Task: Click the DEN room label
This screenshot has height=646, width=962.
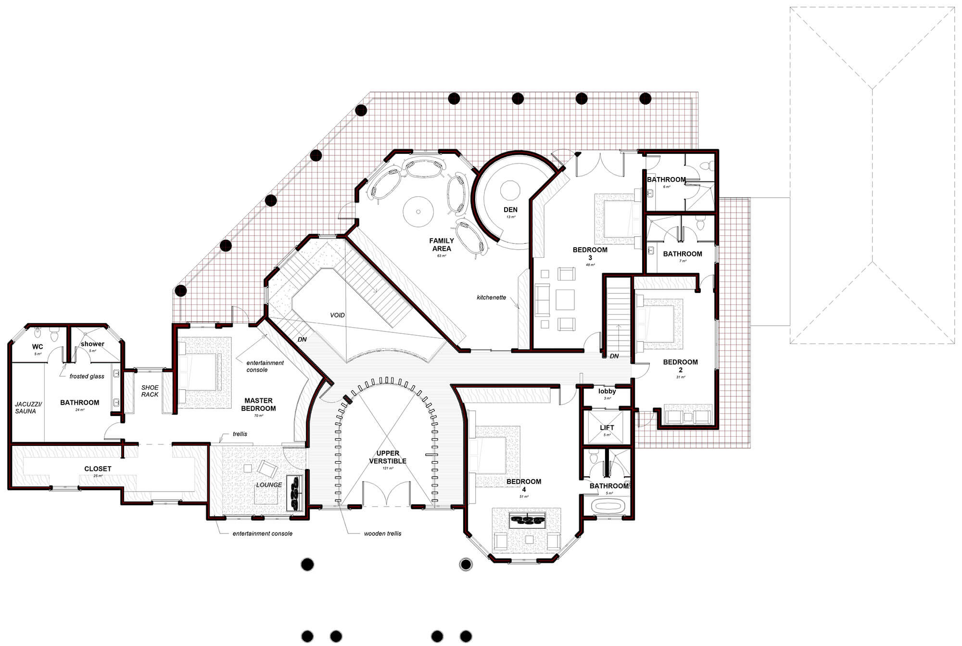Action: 510,210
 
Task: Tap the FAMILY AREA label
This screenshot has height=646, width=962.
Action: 442,245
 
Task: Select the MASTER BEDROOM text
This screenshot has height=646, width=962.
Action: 258,405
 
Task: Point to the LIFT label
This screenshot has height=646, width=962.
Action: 607,428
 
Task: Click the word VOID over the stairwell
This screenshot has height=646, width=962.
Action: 337,316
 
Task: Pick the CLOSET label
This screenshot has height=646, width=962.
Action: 98,469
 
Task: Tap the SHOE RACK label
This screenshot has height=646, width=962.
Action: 150,391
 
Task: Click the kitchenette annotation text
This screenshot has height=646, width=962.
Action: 491,298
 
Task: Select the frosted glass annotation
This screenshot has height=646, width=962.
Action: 87,377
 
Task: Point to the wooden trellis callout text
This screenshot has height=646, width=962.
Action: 382,533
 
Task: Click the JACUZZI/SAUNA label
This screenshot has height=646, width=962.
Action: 25,407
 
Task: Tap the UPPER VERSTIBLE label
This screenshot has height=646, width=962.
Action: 388,457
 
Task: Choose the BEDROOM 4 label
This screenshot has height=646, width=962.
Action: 524,485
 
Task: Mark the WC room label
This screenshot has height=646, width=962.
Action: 38,347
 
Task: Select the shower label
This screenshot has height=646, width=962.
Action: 92,344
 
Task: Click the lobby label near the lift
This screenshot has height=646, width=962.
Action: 607,392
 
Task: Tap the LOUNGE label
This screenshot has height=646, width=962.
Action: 269,485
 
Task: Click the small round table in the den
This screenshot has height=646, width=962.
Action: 510,190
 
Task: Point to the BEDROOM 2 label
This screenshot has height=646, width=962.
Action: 680,366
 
